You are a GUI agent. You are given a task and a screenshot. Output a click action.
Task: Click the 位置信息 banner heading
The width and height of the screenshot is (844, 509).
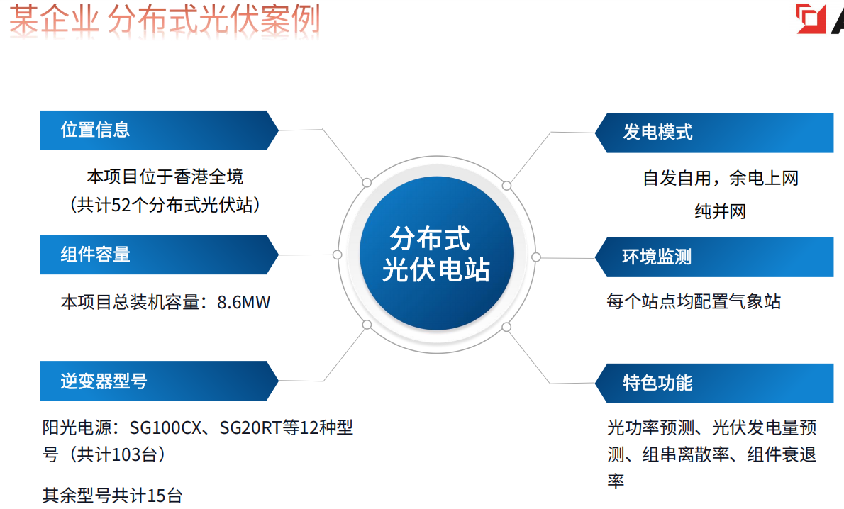coord(95,130)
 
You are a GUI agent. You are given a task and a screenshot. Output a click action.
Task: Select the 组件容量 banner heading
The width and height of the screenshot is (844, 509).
coord(95,254)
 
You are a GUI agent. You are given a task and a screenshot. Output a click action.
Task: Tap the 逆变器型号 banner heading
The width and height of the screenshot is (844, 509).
coord(104,381)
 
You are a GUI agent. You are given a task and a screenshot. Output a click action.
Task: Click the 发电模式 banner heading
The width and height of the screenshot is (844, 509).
coord(657,133)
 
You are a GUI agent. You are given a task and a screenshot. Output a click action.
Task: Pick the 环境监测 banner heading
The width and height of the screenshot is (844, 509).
coord(657,257)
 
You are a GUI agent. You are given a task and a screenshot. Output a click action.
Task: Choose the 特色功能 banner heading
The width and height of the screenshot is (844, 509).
coord(657,383)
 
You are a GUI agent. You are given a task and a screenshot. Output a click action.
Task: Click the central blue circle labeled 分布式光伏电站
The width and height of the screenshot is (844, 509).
coord(436,253)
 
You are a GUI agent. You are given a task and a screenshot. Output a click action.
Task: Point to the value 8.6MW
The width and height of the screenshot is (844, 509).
coord(243,303)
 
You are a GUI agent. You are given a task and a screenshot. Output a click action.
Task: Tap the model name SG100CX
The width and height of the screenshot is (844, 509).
coord(165,427)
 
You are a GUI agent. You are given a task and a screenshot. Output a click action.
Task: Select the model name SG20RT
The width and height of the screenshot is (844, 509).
coord(250,427)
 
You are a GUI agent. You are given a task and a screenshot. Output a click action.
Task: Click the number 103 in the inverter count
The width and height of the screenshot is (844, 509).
coord(126,454)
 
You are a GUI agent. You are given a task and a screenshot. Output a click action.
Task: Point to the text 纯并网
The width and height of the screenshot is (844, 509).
coord(720,211)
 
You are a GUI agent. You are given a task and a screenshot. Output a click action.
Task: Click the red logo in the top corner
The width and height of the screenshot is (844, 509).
coord(811,19)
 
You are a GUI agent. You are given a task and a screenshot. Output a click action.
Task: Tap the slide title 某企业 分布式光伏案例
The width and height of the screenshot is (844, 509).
coord(165,19)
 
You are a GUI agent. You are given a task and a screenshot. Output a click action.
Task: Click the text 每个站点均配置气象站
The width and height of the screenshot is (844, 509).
coord(694,301)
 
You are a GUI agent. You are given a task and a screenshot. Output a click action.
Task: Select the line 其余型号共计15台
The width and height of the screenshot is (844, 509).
coord(113,495)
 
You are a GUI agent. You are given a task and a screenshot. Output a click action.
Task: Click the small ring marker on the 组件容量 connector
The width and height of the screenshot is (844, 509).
coord(338,254)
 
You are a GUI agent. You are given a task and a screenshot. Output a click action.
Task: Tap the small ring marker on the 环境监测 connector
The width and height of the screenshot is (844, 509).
coord(536,257)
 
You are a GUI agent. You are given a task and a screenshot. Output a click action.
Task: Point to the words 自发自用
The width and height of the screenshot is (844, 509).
coord(677,178)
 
